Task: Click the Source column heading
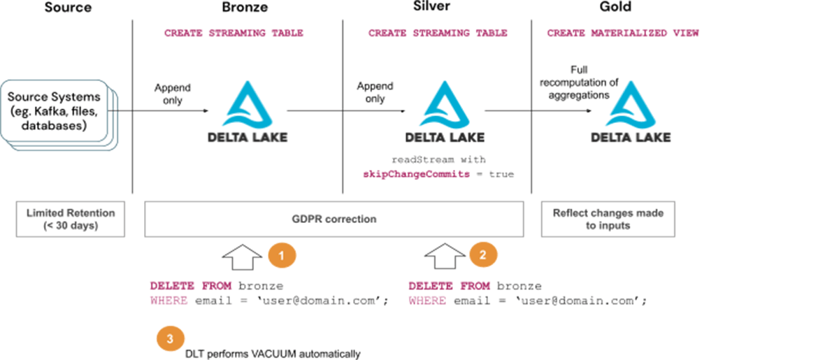(x=68, y=8)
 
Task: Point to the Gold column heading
(x=615, y=8)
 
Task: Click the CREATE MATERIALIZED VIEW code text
(x=623, y=33)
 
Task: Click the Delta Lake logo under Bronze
(x=248, y=112)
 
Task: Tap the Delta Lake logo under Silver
(x=444, y=112)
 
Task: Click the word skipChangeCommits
(x=415, y=174)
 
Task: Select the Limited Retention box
(x=71, y=219)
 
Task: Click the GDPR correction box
(x=334, y=219)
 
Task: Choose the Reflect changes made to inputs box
(x=608, y=219)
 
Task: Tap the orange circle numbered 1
(x=282, y=255)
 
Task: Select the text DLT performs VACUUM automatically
(x=273, y=354)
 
